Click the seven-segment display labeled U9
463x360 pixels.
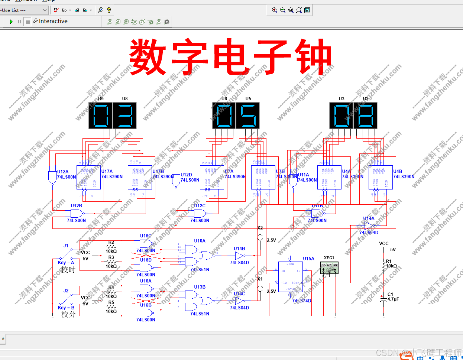coord(100,115)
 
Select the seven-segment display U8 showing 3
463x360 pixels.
coord(125,115)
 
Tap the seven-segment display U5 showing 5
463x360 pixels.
coord(248,115)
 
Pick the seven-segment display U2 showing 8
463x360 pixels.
coord(366,115)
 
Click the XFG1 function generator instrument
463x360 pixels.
coord(329,267)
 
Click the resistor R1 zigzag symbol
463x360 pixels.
coord(384,266)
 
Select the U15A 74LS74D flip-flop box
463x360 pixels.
coord(290,277)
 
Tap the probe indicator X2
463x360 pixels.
coord(260,237)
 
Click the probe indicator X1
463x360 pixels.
coord(260,289)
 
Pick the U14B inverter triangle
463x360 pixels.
coord(240,256)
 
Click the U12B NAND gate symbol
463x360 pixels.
coord(77,213)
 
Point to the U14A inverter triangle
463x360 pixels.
coord(369,226)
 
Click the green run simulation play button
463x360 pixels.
coord(11,22)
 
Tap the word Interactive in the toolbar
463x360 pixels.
coord(53,21)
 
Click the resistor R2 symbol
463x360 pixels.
coord(111,247)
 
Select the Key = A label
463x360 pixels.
coord(66,263)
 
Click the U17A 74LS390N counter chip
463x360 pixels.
coord(88,177)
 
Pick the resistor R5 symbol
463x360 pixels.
coord(111,307)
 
